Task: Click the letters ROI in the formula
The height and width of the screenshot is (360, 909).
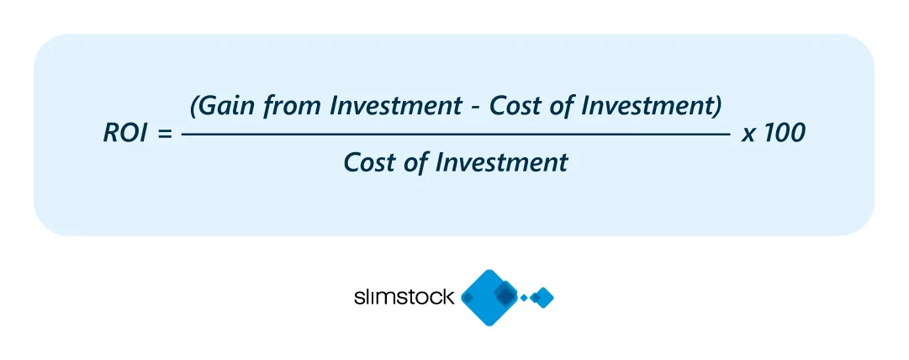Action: coord(124,135)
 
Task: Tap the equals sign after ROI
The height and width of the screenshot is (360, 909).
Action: coord(163,135)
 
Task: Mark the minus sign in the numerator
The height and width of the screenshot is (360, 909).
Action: coord(475,108)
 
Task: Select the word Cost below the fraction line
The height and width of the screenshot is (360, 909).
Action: coord(371,162)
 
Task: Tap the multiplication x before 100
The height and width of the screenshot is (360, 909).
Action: coord(747,135)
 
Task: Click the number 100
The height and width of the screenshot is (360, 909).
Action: coord(784,135)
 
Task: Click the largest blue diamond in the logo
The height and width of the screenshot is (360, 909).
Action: coord(491,297)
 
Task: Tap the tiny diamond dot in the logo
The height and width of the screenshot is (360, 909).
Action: coord(525,298)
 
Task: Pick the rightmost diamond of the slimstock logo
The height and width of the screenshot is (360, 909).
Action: coord(543,297)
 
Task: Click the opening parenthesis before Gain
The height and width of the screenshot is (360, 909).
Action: coord(195,107)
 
